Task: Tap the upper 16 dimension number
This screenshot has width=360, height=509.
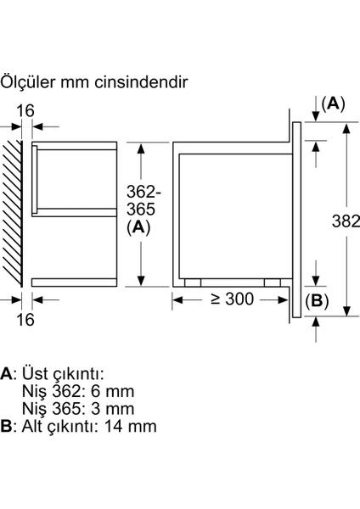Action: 26,109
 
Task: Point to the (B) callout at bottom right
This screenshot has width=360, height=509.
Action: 316,299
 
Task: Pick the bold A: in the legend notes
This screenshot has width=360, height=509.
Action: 8,374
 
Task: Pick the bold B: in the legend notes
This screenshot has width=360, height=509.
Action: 8,427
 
